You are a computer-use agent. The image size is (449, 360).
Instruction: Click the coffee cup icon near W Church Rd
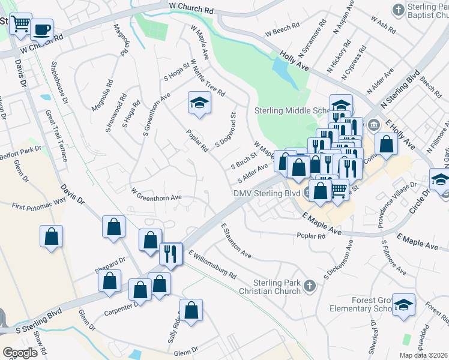(41, 29)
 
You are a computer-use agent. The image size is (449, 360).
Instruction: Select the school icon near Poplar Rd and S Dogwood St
(199, 103)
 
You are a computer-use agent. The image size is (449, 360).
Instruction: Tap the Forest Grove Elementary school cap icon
(405, 305)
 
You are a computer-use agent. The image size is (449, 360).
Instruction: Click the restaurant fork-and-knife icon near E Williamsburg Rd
(170, 254)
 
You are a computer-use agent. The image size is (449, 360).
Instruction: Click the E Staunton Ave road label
(235, 241)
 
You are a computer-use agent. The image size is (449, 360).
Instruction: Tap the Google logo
(20, 353)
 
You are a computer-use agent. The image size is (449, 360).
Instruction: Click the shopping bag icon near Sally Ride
(191, 310)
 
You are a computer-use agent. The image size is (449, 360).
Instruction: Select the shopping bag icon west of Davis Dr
(52, 236)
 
